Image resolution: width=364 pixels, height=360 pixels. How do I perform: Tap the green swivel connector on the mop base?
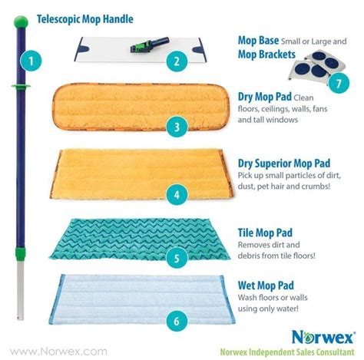point(143,42)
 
